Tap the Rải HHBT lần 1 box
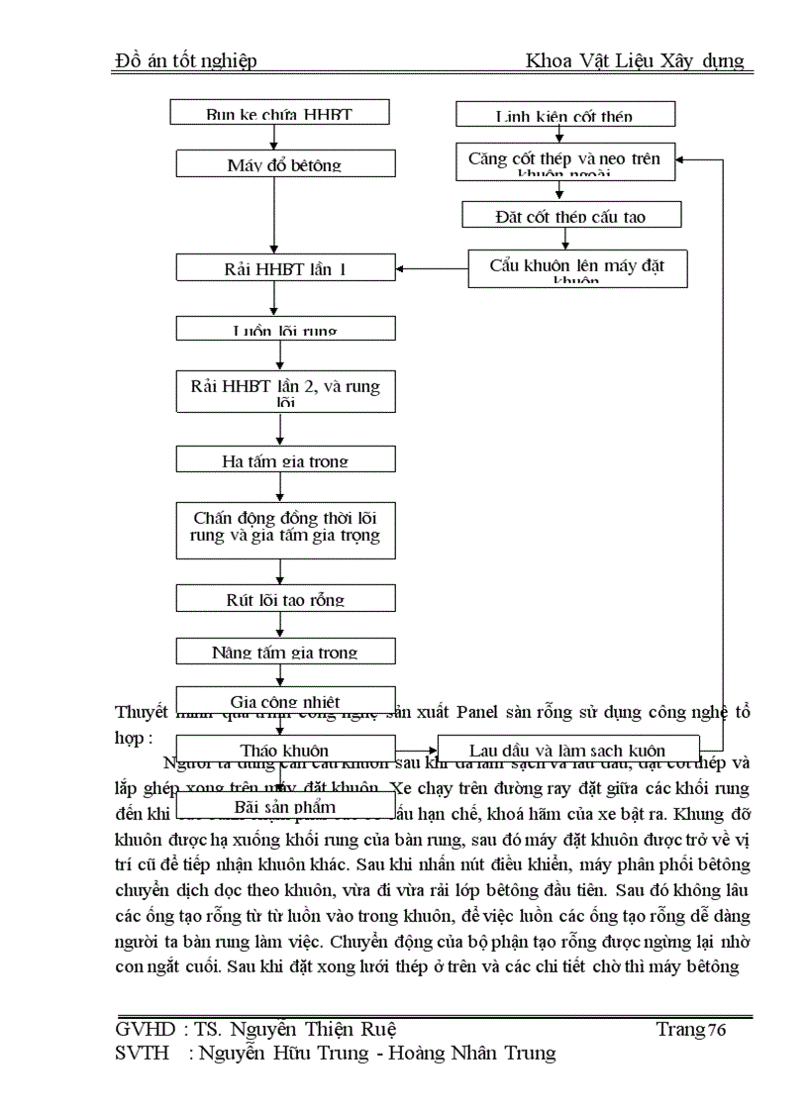point(285,267)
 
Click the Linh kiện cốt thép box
point(564,115)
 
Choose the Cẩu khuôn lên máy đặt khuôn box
point(577,268)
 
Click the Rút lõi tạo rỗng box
point(285,598)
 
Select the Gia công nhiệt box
point(285,700)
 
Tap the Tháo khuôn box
point(285,749)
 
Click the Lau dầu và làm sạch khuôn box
point(567,749)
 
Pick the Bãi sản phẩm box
point(285,804)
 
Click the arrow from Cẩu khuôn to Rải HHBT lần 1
point(432,267)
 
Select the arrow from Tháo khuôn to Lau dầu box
point(417,750)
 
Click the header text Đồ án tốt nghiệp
point(186,61)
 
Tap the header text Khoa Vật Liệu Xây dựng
point(635,61)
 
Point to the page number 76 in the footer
point(717,1030)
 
